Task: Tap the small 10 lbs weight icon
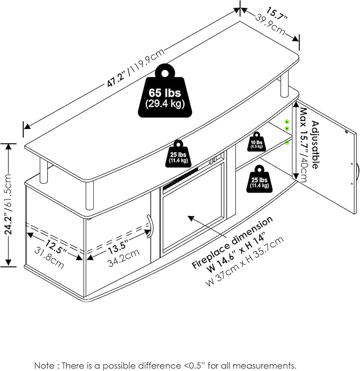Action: (256, 142)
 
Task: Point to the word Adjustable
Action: (315, 144)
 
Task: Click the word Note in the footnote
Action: (45, 365)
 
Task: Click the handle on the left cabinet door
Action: (150, 226)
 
